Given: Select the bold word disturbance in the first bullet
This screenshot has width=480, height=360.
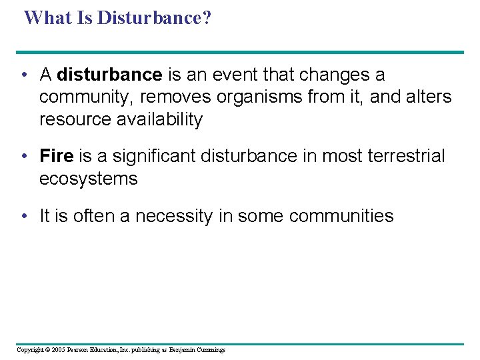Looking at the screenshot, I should (x=110, y=75).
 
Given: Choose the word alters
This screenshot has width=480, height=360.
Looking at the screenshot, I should (x=427, y=97).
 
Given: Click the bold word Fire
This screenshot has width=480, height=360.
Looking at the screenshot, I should (x=57, y=156).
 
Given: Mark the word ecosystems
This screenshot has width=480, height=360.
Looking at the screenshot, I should (x=88, y=179).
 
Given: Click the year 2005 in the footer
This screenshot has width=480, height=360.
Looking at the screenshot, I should (x=58, y=349).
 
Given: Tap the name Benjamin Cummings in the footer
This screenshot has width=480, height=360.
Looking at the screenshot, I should (x=197, y=349).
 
